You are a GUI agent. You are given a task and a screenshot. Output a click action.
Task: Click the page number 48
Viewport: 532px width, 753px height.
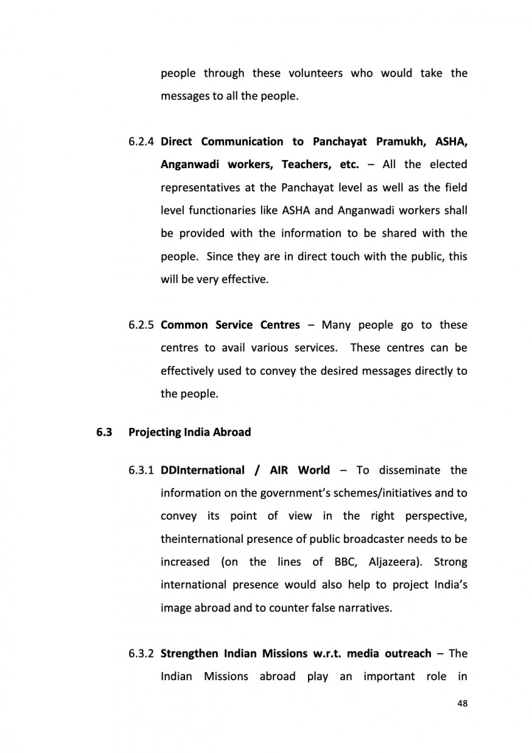pos(462,704)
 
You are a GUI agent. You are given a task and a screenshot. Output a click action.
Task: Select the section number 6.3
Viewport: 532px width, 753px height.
pos(103,432)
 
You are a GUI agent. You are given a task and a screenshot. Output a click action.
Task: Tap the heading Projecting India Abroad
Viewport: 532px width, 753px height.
pos(189,432)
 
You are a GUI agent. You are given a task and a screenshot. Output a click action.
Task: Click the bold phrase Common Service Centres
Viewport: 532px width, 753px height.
pos(230,325)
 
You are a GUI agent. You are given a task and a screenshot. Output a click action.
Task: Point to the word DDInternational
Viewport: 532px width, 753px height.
pos(203,470)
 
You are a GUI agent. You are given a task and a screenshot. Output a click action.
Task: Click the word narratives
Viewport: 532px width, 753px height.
pos(363,607)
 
